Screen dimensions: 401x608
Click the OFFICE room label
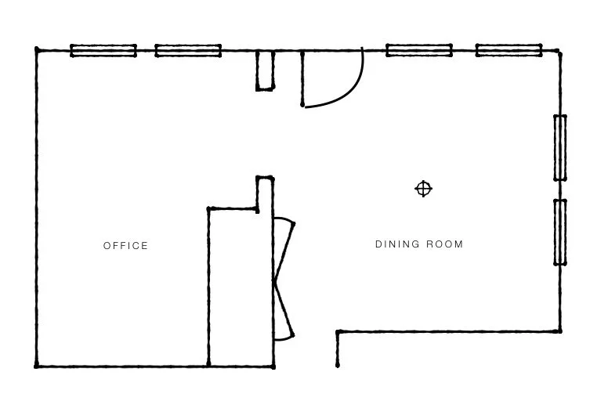click(125, 246)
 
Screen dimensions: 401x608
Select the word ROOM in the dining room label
click(445, 244)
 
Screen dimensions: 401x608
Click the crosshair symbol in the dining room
click(423, 189)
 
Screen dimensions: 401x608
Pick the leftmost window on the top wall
click(103, 51)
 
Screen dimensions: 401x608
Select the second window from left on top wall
click(188, 51)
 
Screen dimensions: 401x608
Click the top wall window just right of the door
click(419, 51)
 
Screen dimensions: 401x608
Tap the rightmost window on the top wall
click(509, 51)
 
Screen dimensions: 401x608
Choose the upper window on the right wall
click(560, 147)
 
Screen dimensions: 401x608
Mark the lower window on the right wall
click(560, 232)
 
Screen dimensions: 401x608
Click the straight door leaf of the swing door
click(303, 78)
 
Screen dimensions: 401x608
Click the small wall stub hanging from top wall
click(265, 70)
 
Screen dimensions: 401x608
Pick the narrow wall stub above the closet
click(265, 194)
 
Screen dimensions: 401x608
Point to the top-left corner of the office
click(37, 51)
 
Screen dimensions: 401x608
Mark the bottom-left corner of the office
click(37, 366)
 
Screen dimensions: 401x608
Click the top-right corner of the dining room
click(559, 52)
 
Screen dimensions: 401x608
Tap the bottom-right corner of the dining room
click(559, 331)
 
